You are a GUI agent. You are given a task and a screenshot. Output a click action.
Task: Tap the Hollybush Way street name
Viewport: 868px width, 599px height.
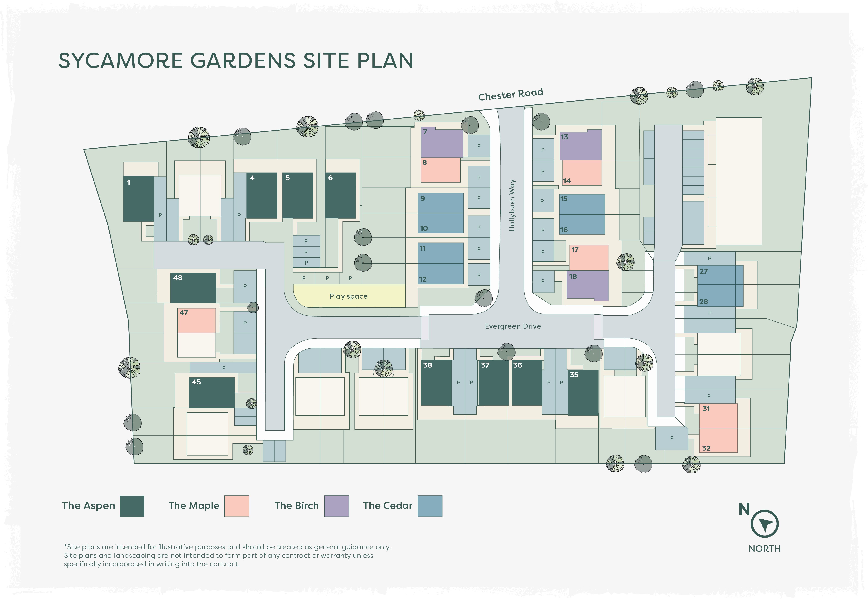512,205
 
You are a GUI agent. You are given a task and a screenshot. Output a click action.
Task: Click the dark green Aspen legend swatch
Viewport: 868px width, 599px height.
132,506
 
